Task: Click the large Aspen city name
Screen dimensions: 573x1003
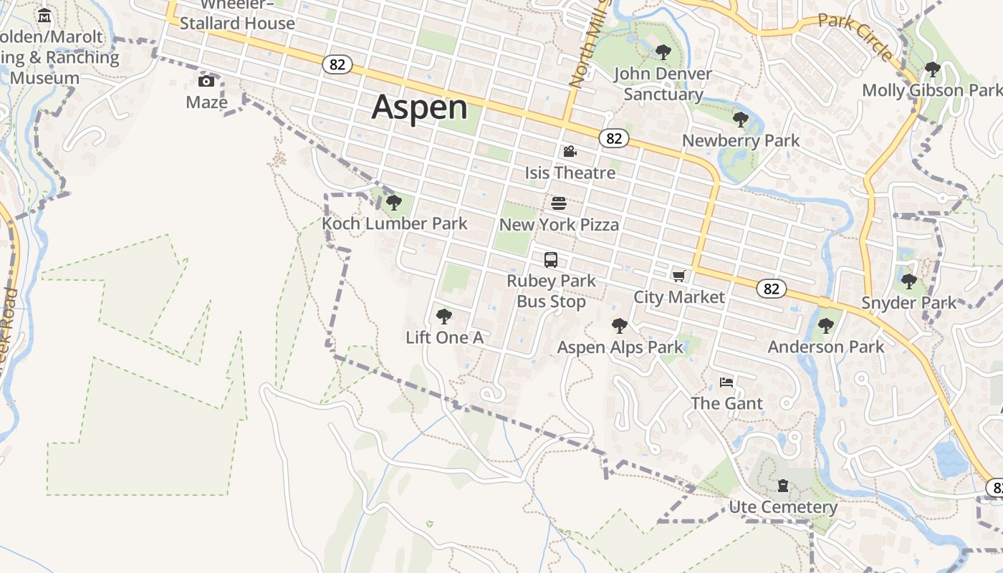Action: click(x=419, y=107)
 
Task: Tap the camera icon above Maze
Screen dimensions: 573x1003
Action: click(x=206, y=81)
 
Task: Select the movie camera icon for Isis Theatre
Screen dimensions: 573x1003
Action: click(x=570, y=152)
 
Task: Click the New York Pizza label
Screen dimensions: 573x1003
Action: click(x=559, y=225)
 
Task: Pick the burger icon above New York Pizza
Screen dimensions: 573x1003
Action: click(x=559, y=204)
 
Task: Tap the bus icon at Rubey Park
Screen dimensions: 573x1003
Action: click(x=551, y=260)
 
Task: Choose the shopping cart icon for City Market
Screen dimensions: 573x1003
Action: click(x=678, y=276)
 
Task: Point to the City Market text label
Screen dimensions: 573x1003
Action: click(x=678, y=297)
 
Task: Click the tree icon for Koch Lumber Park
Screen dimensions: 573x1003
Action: click(x=393, y=203)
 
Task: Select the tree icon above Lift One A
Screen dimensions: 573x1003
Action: click(x=444, y=316)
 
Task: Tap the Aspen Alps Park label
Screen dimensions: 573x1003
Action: click(x=620, y=347)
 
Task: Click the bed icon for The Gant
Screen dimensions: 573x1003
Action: click(x=726, y=382)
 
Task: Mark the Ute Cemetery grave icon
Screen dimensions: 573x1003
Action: click(x=783, y=486)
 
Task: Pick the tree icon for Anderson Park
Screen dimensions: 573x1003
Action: click(x=826, y=326)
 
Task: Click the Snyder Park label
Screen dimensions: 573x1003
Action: click(x=908, y=303)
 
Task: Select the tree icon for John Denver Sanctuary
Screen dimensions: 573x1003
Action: click(x=663, y=52)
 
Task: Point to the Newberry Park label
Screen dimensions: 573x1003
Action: click(x=741, y=140)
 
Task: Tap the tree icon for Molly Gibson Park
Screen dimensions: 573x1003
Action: click(x=932, y=69)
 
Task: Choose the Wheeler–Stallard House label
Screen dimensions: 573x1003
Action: click(x=237, y=16)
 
